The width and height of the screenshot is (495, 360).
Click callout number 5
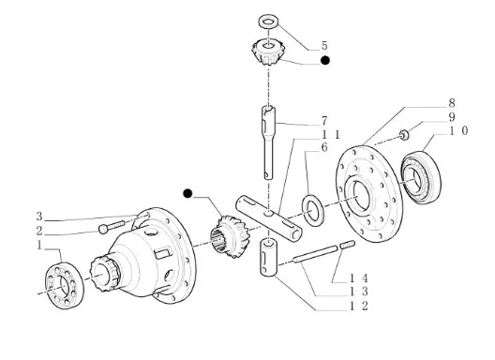(x=324, y=46)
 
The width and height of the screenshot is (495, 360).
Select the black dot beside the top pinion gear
(x=324, y=60)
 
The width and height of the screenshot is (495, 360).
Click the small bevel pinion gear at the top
(x=268, y=52)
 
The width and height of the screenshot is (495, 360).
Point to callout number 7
(x=324, y=121)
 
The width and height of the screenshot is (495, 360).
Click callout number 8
(x=452, y=103)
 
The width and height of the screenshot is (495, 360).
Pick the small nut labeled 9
(x=404, y=135)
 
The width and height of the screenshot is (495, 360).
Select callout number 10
(x=458, y=130)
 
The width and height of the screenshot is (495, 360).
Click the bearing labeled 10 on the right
(x=421, y=177)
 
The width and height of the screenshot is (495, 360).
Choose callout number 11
(x=331, y=135)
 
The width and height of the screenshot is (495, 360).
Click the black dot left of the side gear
(x=187, y=193)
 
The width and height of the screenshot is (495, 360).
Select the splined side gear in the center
(x=228, y=236)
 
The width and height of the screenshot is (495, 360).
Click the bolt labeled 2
(x=112, y=227)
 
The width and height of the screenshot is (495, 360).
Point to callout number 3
(x=39, y=217)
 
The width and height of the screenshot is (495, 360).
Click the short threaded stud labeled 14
(x=348, y=245)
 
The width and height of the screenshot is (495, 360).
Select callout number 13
(x=359, y=292)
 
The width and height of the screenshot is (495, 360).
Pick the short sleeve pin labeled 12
(x=269, y=259)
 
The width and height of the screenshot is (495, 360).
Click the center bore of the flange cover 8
(x=361, y=196)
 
